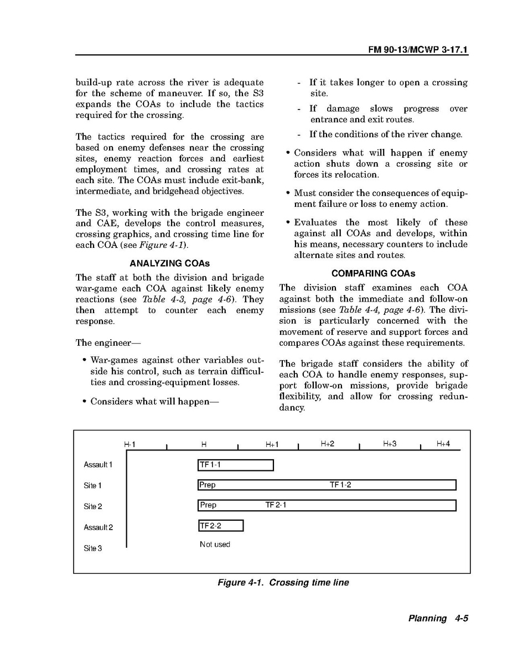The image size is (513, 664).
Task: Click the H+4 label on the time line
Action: point(443,444)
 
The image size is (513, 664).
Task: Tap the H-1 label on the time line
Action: point(129,444)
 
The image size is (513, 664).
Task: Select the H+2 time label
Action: point(328,444)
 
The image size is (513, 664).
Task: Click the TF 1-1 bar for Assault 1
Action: point(235,465)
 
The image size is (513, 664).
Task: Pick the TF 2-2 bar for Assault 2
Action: point(220,526)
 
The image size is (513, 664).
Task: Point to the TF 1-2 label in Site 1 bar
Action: point(340,485)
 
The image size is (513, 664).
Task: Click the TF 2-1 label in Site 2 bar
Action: point(276,505)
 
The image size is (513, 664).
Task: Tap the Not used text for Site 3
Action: point(215,544)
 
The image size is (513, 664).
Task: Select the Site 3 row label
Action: point(92,548)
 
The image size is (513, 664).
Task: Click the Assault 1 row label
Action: point(98,465)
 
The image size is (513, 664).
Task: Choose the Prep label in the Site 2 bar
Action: point(208,505)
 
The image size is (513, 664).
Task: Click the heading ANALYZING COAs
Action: point(169,264)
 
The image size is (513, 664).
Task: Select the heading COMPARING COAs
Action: point(373,274)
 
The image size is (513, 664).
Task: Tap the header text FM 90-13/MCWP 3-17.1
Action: point(418,49)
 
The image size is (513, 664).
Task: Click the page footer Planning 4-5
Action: point(438,619)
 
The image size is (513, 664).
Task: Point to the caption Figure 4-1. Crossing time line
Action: point(283,583)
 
